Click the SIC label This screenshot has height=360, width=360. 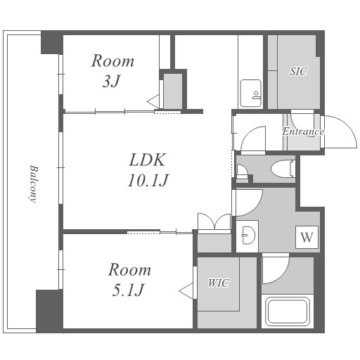[298, 71]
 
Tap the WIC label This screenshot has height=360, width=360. [219, 283]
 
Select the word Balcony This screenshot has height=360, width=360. [34, 184]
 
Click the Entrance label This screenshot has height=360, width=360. [303, 131]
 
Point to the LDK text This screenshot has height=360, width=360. [148, 160]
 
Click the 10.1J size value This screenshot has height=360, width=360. [148, 180]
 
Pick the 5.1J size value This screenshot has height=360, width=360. [128, 290]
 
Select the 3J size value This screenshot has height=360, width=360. [112, 82]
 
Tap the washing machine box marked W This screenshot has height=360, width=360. [307, 237]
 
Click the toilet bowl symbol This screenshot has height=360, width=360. [283, 168]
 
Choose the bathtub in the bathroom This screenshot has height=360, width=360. [288, 311]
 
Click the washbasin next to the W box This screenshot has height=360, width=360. [248, 235]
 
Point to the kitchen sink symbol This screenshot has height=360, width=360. [251, 94]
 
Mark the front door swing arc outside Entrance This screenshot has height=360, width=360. [347, 126]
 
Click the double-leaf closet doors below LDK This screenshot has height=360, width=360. [214, 221]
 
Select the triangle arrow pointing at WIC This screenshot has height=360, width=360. [186, 291]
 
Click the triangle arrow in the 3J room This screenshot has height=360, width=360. [153, 101]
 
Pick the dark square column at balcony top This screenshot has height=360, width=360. [52, 42]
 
